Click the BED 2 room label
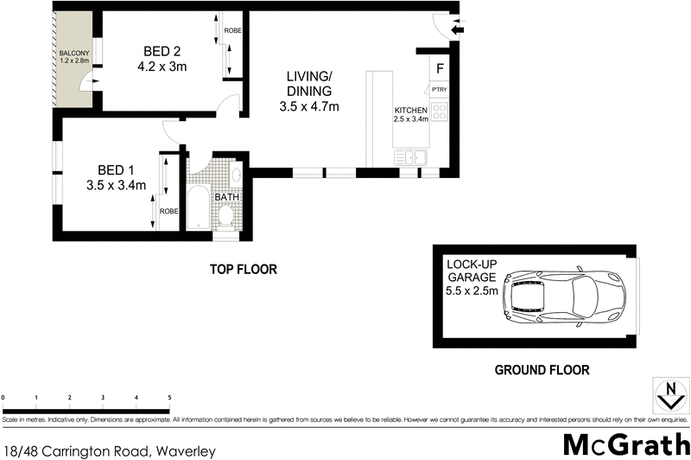coord(162,50)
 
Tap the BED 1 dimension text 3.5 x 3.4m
coord(115,184)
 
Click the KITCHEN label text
coord(411,111)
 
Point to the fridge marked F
coord(440,68)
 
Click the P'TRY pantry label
coord(440,89)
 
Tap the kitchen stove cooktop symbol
coord(439,112)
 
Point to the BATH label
coord(226,197)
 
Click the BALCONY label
coord(73,54)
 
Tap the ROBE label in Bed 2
coord(232,31)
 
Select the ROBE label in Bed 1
coord(168,211)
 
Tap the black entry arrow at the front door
coord(458,29)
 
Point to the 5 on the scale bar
coord(169,398)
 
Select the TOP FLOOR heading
coord(244,270)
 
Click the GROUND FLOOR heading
coord(542,369)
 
